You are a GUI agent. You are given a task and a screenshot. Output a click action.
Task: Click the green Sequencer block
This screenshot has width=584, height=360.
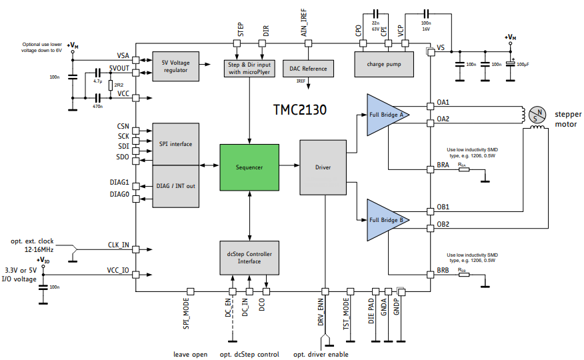[249, 167]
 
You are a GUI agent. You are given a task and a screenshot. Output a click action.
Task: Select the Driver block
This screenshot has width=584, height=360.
[323, 167]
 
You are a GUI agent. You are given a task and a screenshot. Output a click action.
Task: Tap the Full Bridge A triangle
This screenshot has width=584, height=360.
[385, 114]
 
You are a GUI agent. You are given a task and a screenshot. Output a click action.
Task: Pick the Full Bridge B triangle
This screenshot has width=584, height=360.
[385, 219]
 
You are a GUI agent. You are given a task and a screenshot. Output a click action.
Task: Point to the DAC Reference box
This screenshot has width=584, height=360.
[308, 68]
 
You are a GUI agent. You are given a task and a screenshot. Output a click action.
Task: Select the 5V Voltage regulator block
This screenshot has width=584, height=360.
[176, 66]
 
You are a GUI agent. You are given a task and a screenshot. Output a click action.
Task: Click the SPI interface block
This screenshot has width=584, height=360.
[176, 143]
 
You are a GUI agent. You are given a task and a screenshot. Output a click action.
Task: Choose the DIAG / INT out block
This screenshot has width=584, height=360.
[176, 185]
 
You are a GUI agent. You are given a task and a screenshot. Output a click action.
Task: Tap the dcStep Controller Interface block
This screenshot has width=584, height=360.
[249, 257]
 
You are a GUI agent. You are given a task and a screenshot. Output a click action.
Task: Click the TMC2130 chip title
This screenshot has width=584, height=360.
[299, 109]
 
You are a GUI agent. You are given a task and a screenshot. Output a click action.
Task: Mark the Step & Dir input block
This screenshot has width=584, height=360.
[249, 68]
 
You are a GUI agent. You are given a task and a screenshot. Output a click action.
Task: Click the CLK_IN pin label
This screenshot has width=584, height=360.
[118, 245]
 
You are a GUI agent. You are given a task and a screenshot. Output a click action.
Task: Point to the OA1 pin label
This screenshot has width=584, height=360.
[443, 102]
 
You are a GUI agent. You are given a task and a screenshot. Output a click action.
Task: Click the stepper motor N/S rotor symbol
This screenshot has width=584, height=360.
[537, 114]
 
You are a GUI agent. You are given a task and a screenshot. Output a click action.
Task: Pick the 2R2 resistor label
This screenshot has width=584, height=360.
[119, 85]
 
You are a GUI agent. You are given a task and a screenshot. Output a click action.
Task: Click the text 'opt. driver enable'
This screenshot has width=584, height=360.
[321, 354]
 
